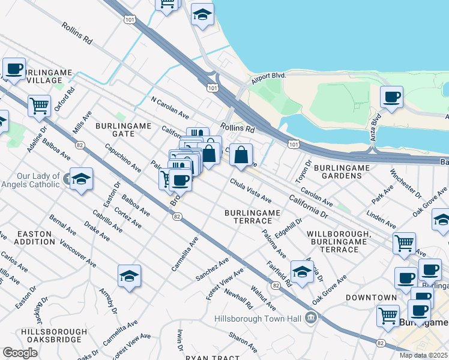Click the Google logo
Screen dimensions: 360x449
click(20, 353)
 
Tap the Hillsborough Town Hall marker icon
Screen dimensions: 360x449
click(310, 317)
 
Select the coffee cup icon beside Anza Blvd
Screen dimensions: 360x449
click(392, 97)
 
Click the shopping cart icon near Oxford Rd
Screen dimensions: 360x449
click(39, 105)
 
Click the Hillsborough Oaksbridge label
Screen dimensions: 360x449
click(51, 335)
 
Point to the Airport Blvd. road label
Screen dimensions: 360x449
click(268, 76)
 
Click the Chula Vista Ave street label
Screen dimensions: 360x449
click(250, 190)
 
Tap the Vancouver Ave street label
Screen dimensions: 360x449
click(78, 254)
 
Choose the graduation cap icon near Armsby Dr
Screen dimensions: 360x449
click(129, 276)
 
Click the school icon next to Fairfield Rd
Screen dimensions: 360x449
click(302, 271)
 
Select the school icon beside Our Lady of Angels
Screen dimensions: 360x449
click(81, 179)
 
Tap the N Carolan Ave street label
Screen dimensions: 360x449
click(170, 107)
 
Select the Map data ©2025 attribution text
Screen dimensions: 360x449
click(424, 355)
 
